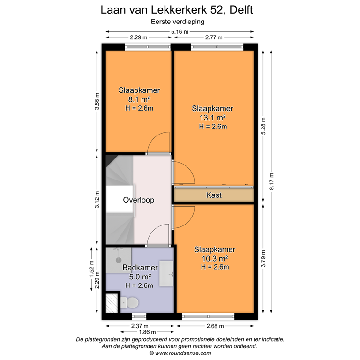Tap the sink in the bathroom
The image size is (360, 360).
click(x=166, y=273)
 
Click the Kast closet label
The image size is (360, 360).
click(x=214, y=195)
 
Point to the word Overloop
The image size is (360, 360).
click(x=139, y=200)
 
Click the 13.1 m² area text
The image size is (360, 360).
click(x=213, y=117)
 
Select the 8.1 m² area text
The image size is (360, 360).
click(x=140, y=99)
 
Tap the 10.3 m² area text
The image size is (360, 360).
click(x=214, y=258)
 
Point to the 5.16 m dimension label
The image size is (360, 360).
click(x=180, y=32)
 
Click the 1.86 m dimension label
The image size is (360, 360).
click(x=139, y=332)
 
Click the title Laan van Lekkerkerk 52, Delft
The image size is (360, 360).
click(x=180, y=10)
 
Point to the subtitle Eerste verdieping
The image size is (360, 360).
click(x=180, y=21)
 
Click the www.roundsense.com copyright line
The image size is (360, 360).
click(x=180, y=353)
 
